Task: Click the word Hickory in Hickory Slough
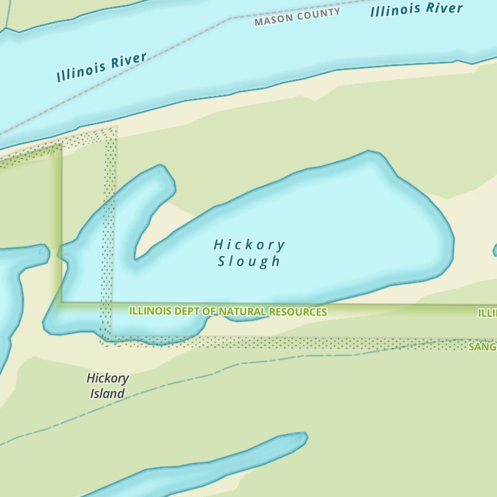tap(249, 245)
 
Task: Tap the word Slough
tap(249, 261)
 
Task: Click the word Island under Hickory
tap(107, 394)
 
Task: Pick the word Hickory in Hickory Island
tap(108, 378)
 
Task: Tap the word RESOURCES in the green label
tap(298, 312)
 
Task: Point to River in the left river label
tap(129, 60)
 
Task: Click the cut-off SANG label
tap(482, 347)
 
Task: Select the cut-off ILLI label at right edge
tap(488, 313)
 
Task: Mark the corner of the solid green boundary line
tap(62, 302)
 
